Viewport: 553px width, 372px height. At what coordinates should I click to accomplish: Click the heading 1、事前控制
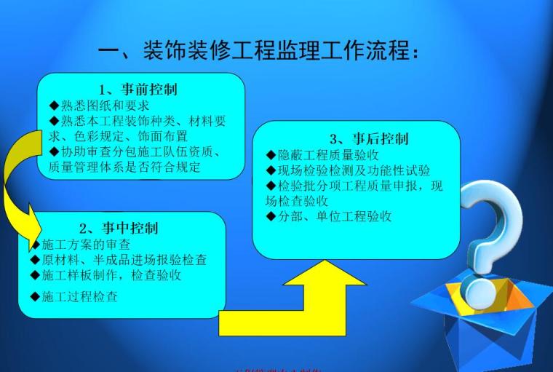(138, 90)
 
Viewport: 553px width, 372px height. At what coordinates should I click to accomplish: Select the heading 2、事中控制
(119, 228)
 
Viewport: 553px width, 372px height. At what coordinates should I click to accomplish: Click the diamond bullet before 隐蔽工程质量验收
(271, 155)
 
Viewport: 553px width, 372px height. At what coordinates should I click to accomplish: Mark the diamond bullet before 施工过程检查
(35, 296)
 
